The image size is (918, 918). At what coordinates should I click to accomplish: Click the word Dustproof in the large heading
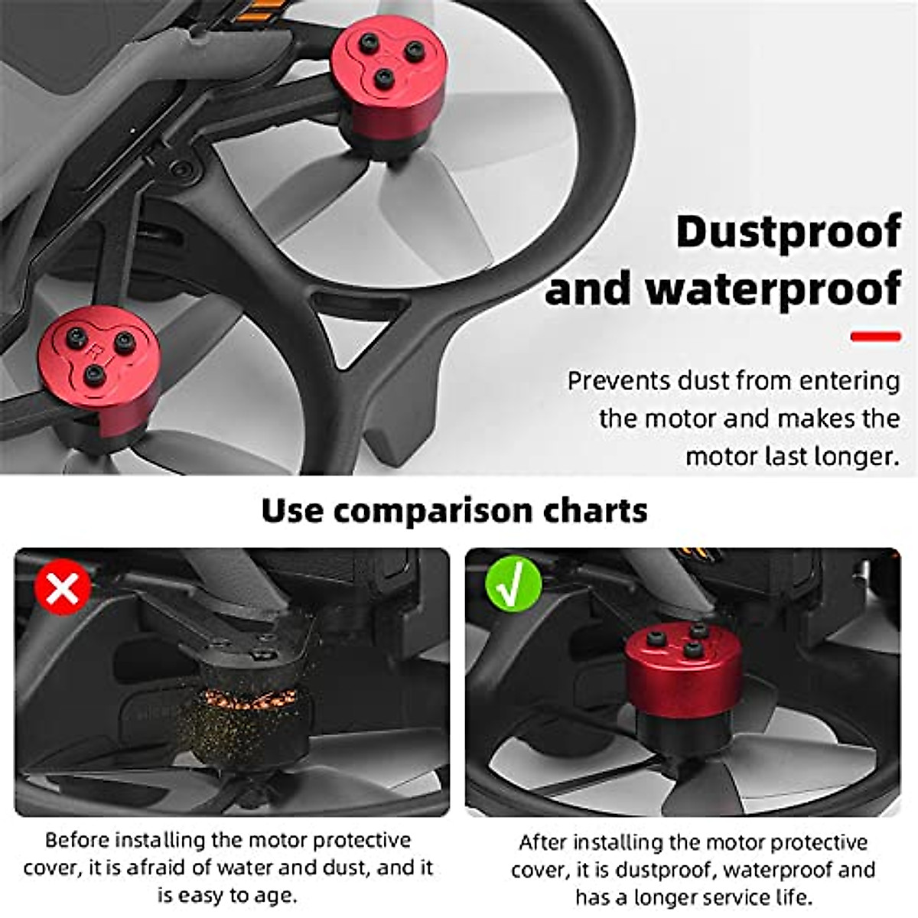tap(788, 232)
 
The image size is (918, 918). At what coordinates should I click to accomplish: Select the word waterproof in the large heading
tap(773, 289)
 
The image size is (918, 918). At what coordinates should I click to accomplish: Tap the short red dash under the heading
tap(875, 337)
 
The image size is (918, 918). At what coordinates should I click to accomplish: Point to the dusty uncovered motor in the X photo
tap(245, 711)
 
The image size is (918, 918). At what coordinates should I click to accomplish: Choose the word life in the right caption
tap(793, 897)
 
